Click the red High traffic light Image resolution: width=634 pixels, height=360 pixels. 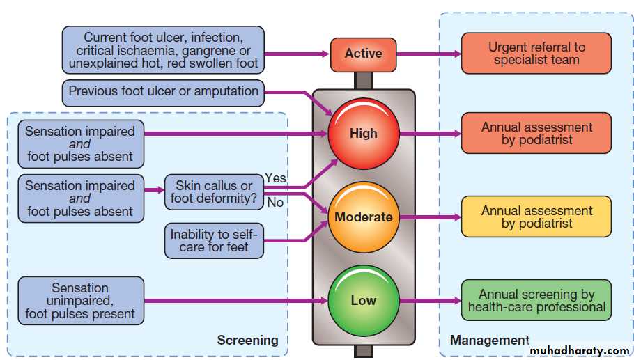pyautogui.click(x=363, y=133)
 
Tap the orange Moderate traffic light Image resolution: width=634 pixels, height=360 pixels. pyautogui.click(x=363, y=217)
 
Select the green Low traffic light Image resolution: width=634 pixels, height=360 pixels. pyautogui.click(x=363, y=300)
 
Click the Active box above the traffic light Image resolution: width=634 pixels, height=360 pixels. pyautogui.click(x=363, y=53)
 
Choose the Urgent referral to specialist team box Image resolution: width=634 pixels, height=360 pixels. pyautogui.click(x=536, y=53)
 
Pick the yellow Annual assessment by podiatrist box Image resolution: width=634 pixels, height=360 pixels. pyautogui.click(x=536, y=217)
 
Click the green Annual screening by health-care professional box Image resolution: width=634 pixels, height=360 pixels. pyautogui.click(x=536, y=300)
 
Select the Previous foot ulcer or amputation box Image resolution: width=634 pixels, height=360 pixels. pyautogui.click(x=163, y=91)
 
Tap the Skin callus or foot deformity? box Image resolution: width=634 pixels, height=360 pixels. pyautogui.click(x=213, y=193)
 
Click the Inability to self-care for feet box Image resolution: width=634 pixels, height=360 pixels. pyautogui.click(x=208, y=240)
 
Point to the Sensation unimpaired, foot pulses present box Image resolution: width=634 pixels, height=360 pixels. pyautogui.click(x=81, y=301)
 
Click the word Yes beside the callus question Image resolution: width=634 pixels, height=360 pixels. pyautogui.click(x=275, y=178)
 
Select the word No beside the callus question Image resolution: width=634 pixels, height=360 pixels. pyautogui.click(x=275, y=203)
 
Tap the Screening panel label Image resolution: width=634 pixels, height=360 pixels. pyautogui.click(x=247, y=340)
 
